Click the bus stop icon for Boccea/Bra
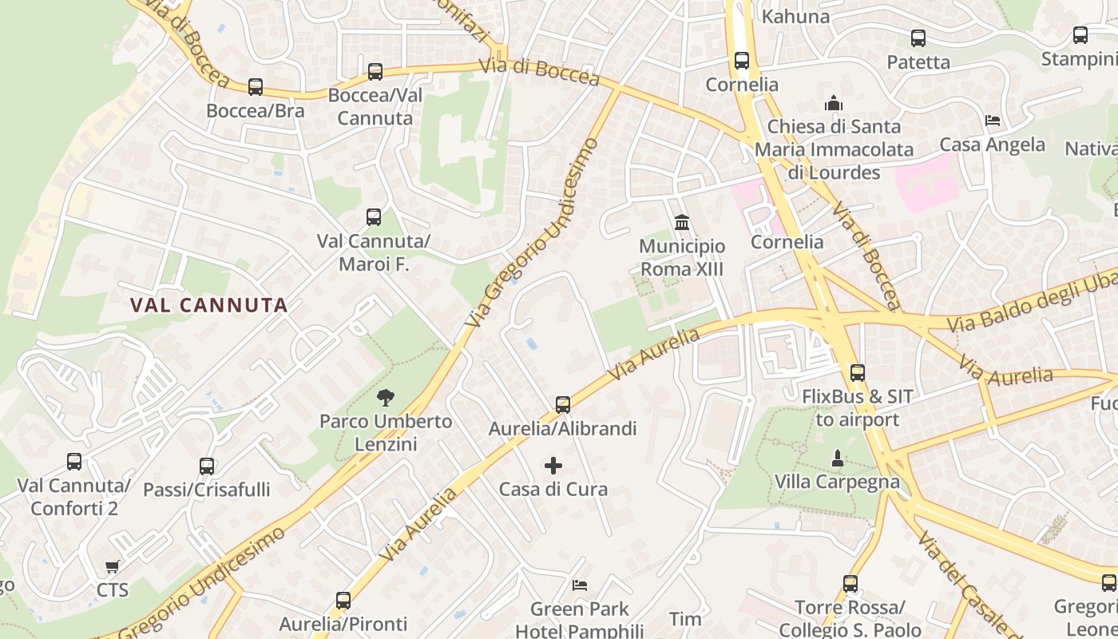coord(256,87)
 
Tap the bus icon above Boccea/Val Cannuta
coord(375,72)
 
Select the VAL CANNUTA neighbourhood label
coord(208,305)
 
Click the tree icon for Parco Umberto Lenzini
coord(387,397)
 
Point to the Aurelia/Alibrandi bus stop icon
coord(563,405)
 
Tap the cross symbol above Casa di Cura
coord(553,465)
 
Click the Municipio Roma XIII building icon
coord(682,222)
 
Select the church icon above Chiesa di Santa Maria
coord(834,103)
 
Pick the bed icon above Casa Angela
coord(993,121)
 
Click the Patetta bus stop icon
coord(918,38)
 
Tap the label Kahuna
coord(795,17)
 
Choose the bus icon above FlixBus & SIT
coord(858,372)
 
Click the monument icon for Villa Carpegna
coord(837,458)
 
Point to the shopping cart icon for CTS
coord(113,566)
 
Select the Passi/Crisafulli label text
coord(207,489)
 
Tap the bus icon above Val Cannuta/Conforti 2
coord(74,461)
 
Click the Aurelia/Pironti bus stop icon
coord(343,600)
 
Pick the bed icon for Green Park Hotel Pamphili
coord(580,585)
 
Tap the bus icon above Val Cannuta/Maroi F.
coord(374,216)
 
